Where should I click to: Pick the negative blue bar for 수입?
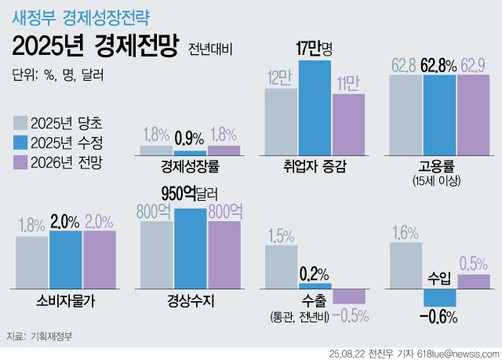coord(439,297)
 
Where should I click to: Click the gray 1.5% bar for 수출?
coord(281,267)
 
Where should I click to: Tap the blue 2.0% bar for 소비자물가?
coord(66,260)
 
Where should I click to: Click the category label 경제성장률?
coord(190,165)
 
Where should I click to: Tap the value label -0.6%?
coord(438,317)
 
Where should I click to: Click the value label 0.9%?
coord(190,138)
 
